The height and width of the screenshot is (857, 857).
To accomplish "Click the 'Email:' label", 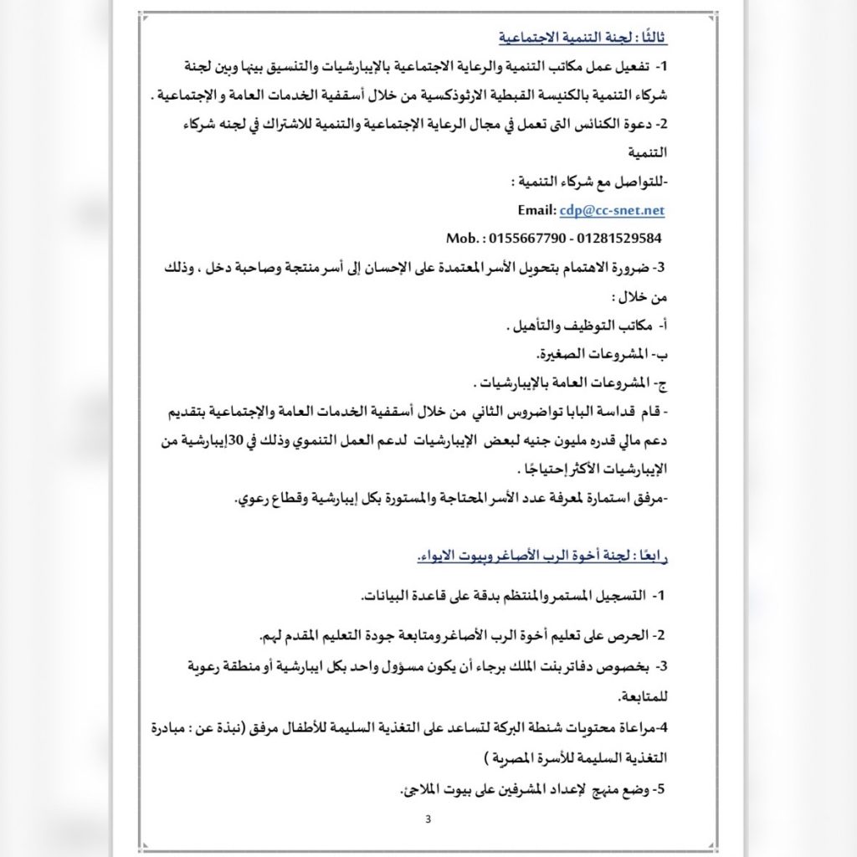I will [x=537, y=211].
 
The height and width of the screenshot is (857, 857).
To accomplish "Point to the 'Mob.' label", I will [x=464, y=239].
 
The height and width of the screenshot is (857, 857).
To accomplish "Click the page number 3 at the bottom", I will [x=428, y=819].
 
